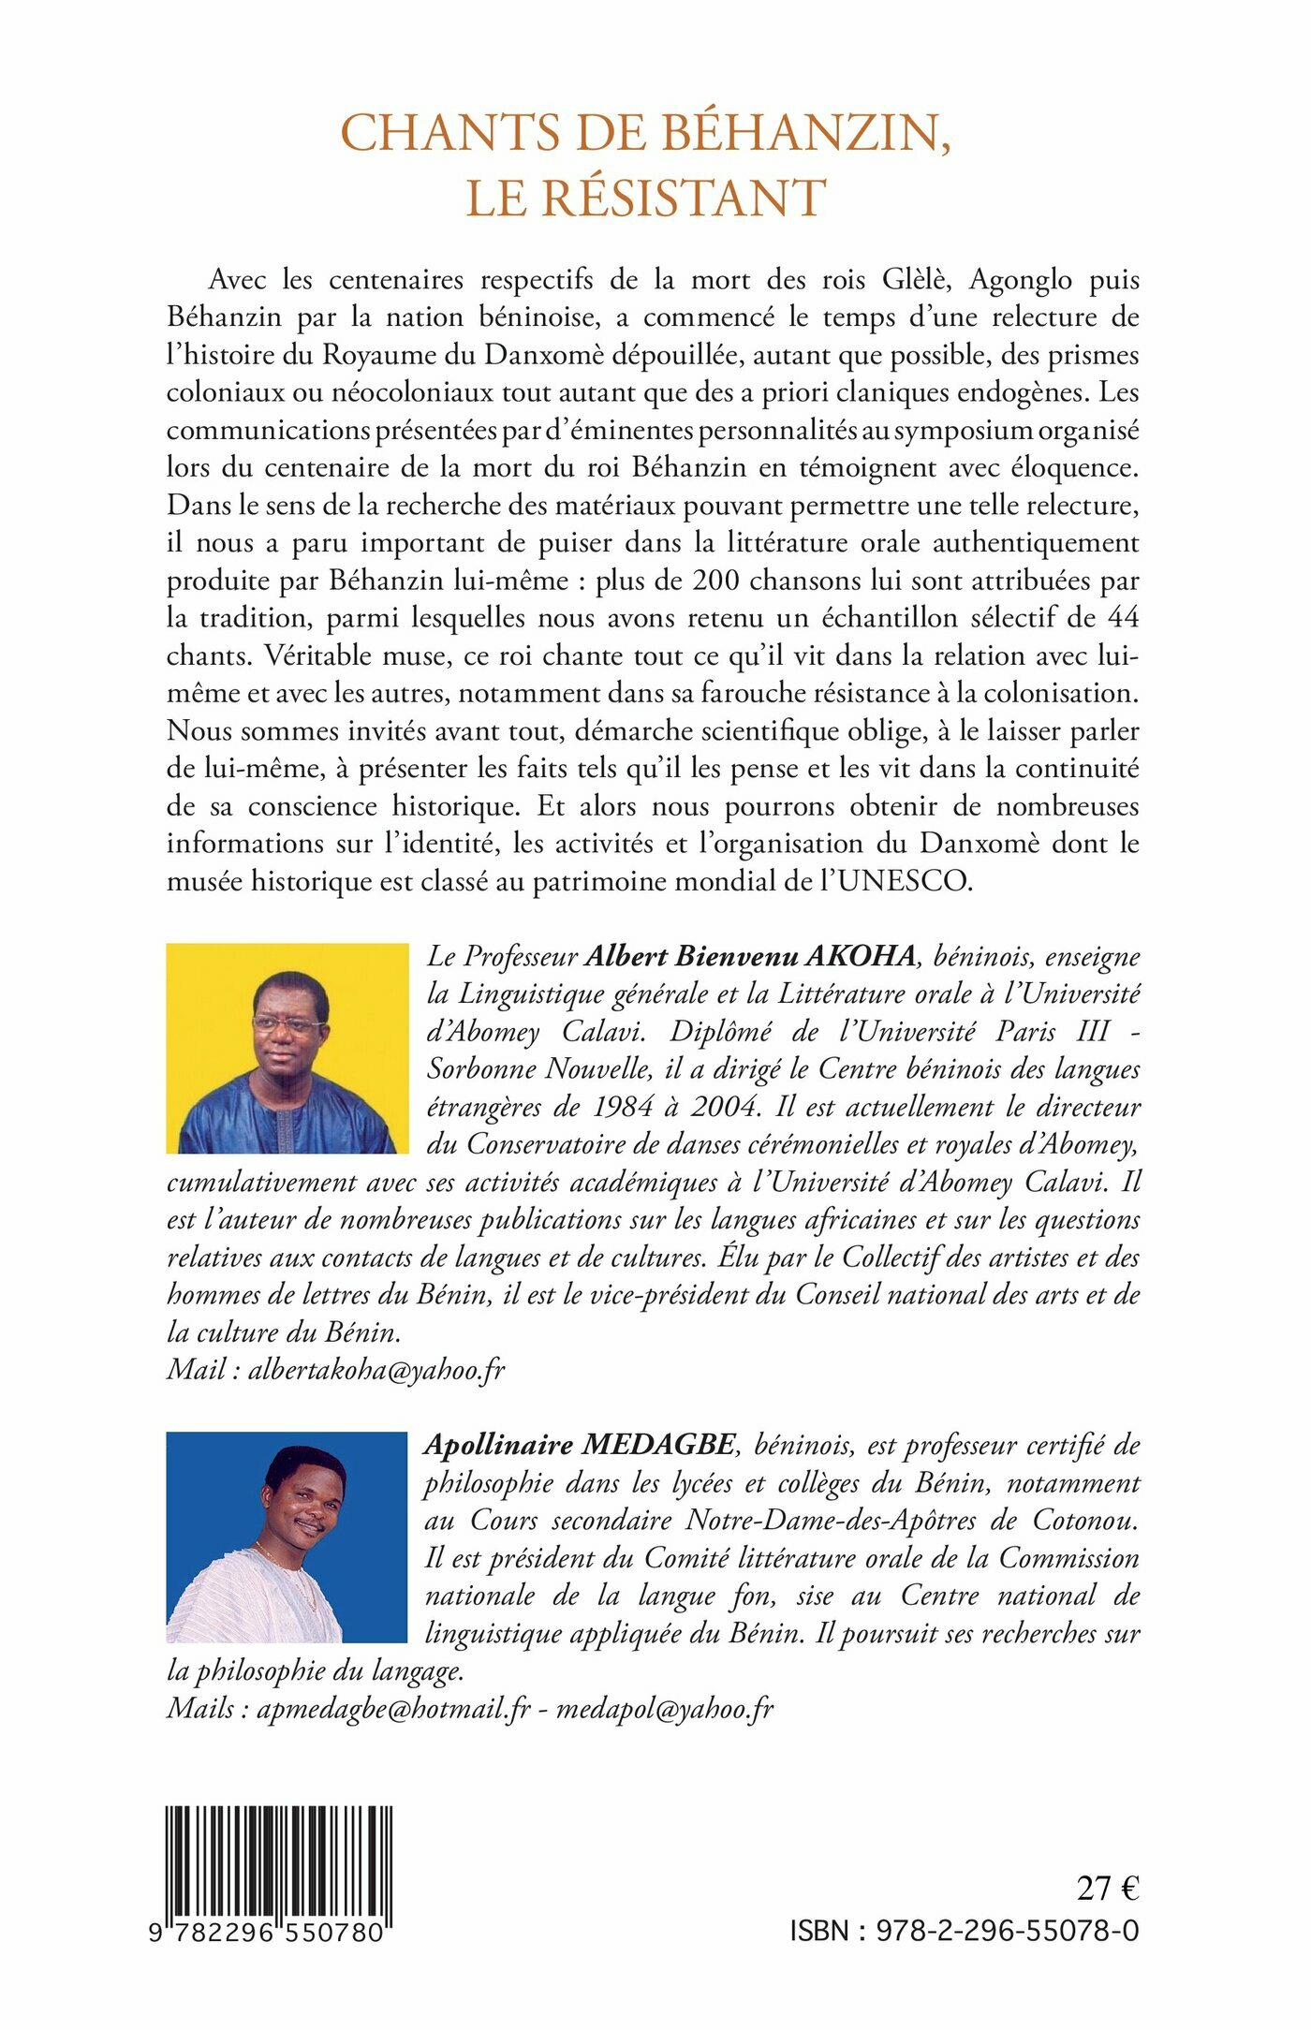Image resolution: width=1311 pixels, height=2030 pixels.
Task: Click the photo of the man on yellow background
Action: (287, 1048)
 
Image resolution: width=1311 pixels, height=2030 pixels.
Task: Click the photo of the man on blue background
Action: (287, 1537)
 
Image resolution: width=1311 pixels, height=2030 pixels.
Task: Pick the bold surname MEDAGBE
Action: (658, 1445)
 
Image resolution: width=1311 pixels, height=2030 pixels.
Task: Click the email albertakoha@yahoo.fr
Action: (376, 1370)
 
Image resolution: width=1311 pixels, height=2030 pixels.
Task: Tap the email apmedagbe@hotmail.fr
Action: (393, 1708)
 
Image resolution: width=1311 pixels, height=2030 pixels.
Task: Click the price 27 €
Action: (1107, 1889)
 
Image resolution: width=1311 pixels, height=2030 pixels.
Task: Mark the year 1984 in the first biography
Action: (623, 1107)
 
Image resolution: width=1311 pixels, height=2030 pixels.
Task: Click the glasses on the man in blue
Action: (287, 1024)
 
